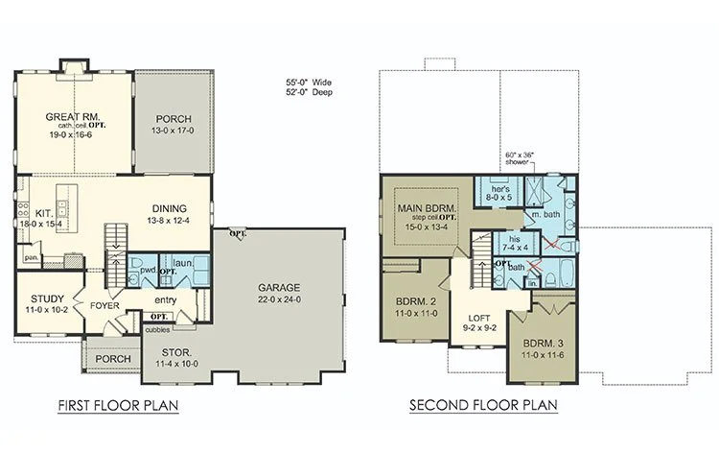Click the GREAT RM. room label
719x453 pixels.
point(73,117)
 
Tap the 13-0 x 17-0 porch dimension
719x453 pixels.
point(173,131)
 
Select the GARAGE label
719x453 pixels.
point(279,288)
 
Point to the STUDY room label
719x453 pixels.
point(47,299)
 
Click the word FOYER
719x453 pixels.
point(104,305)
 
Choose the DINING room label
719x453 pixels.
point(169,209)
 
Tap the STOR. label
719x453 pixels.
point(176,352)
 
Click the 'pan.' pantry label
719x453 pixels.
point(32,258)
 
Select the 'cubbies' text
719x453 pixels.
point(157,329)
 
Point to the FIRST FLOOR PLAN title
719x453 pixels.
point(118,406)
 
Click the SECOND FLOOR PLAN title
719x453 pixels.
point(483,405)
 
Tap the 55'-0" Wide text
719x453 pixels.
point(309,83)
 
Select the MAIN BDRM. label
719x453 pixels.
point(427,208)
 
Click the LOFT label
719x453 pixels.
point(479,318)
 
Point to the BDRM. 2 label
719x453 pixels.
point(416,302)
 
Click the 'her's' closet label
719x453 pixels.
point(500,189)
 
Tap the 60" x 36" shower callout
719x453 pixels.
point(520,158)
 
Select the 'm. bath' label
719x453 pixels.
point(545,214)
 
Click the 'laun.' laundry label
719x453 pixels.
point(183,263)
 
